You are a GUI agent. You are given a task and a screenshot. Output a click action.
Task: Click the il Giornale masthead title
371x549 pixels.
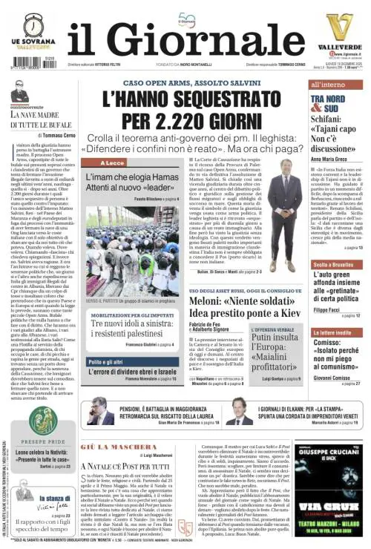tap(185, 39)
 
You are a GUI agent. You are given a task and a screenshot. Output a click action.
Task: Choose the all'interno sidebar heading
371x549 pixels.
tap(326, 85)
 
